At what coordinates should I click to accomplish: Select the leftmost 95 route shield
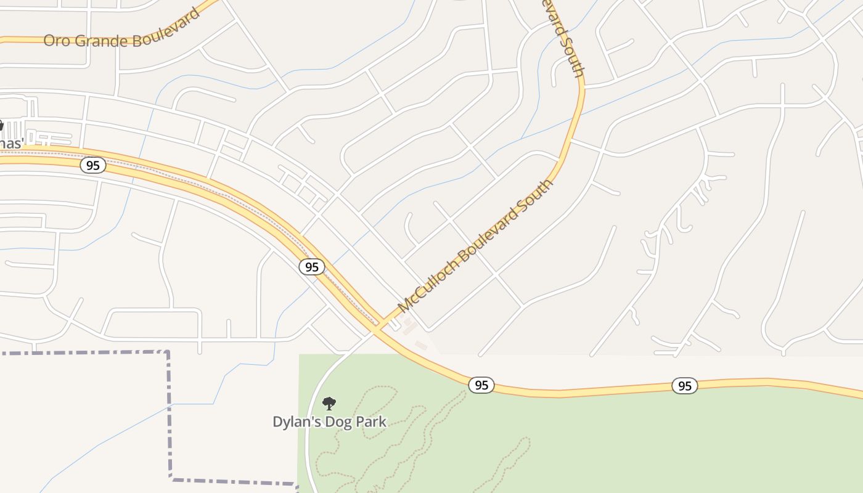coord(92,165)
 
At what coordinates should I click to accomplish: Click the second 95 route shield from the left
coord(312,267)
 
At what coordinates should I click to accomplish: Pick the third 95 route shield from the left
coord(481,385)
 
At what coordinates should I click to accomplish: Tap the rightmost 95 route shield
coord(684,386)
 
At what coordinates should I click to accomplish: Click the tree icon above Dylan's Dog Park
coord(329,404)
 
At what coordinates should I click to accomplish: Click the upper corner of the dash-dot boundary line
coord(168,352)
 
